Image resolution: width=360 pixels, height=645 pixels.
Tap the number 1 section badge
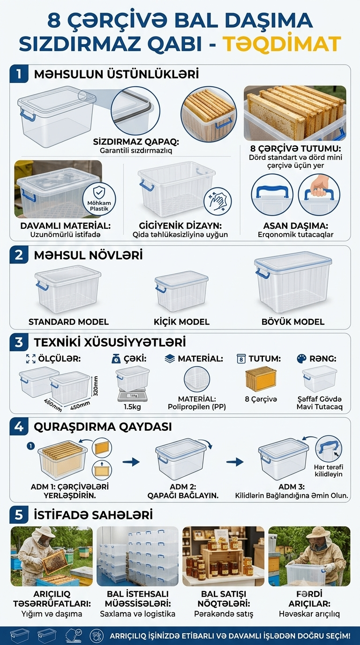pos(19,74)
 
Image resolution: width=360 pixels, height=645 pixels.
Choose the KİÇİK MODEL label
pos(181,322)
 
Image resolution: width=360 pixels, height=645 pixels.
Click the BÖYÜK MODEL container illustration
pos(293,282)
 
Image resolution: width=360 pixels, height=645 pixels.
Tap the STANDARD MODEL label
pos(68,322)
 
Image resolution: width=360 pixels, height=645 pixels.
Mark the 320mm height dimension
pos(96,386)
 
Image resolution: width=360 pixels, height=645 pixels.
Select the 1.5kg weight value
pos(133,407)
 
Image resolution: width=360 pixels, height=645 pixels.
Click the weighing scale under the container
pos(133,397)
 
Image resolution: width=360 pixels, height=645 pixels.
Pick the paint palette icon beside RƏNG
pos(301,359)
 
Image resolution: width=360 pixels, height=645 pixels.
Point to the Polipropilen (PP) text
pos(197,407)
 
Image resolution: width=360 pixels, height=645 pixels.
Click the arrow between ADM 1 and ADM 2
pos(131,462)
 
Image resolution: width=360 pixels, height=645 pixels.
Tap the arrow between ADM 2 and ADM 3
pos(235,462)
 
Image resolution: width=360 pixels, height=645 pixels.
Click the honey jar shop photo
pos(223,556)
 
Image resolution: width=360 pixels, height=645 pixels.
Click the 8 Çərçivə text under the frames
pos(261,399)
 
